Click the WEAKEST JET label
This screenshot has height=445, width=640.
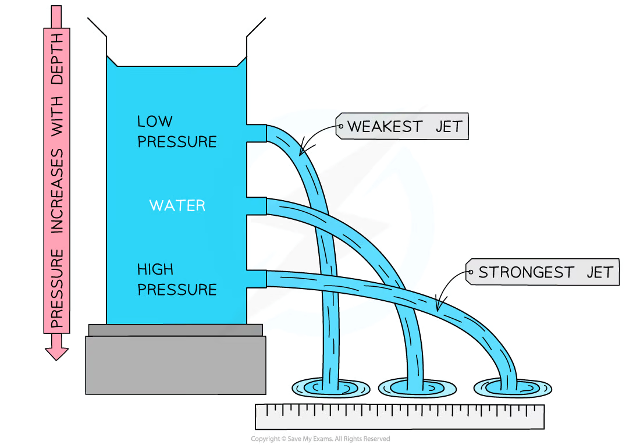403,126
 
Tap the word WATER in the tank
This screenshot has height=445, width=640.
177,205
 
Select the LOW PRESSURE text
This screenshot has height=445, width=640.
176,131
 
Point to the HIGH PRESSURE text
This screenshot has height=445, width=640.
176,280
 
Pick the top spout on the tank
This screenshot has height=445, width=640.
257,133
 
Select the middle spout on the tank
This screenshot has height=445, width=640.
257,207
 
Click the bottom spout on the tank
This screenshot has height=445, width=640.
257,279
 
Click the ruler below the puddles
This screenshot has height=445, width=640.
400,417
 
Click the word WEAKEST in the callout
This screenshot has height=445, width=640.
386,126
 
